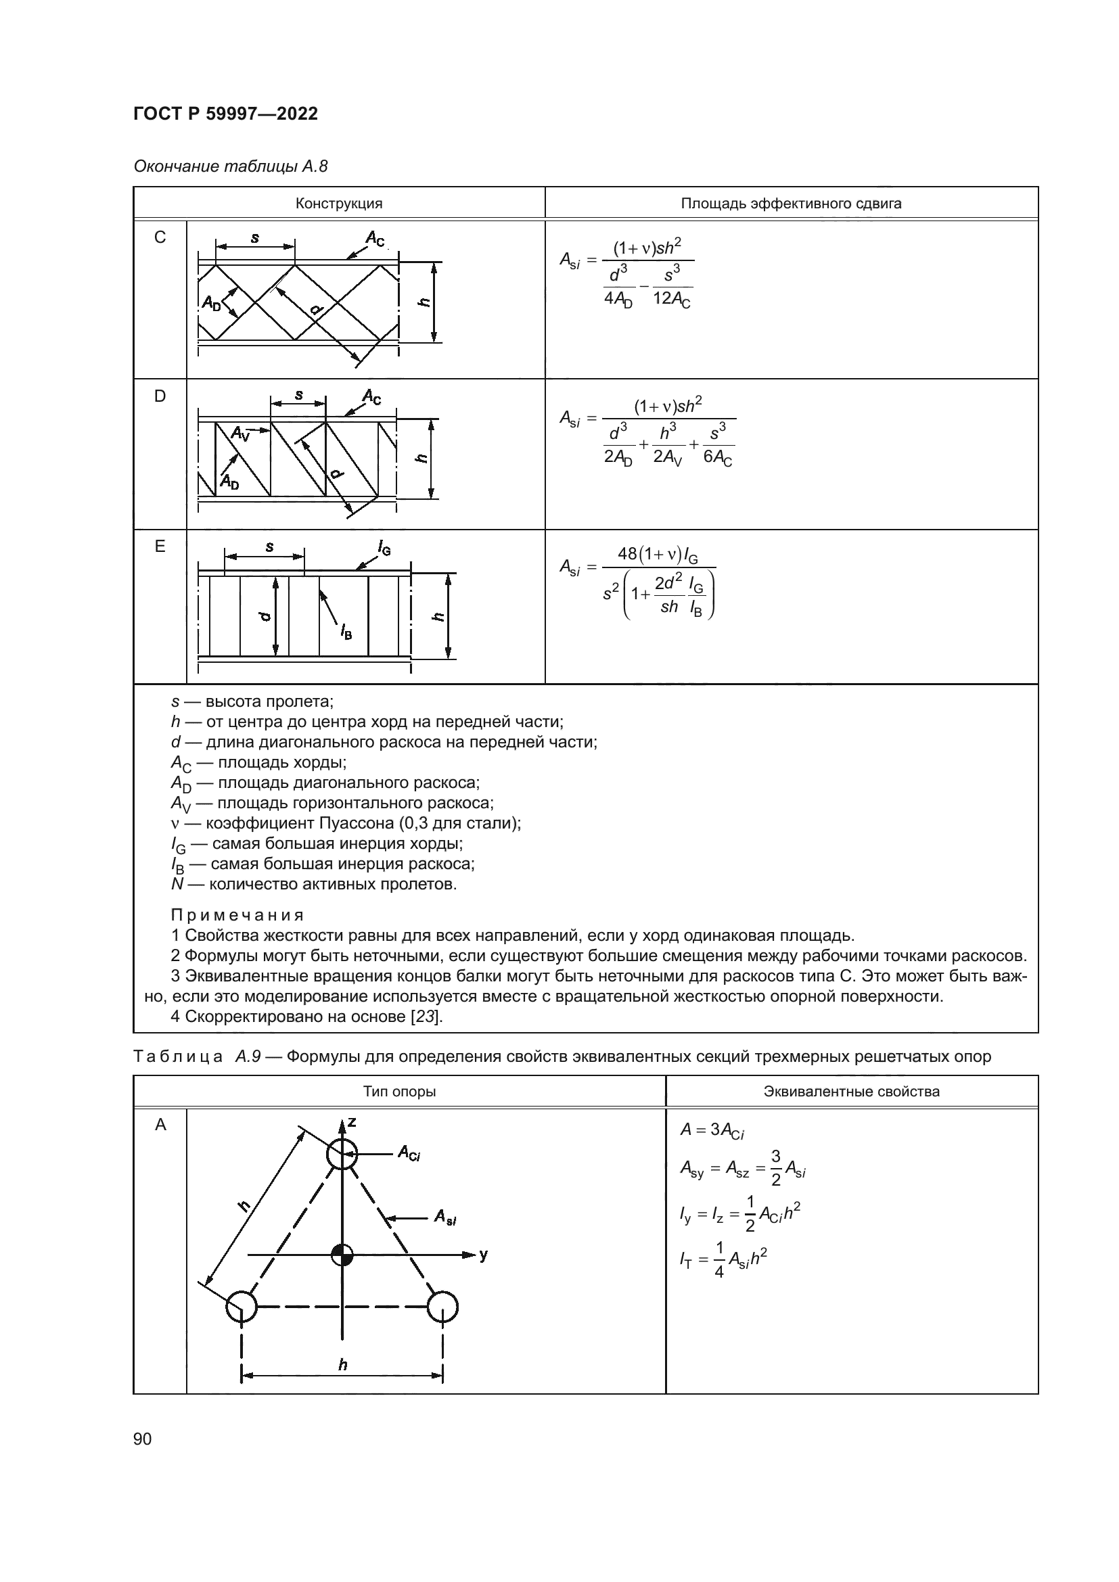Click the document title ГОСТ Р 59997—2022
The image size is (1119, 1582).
pos(225,114)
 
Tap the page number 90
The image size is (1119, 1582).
pos(143,1439)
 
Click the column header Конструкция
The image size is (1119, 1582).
pos(339,204)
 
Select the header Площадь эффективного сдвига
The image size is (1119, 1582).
pos(791,204)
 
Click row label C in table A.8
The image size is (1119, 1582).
pos(160,237)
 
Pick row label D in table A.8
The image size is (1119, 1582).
pos(160,396)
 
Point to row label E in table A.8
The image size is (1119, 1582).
pos(160,546)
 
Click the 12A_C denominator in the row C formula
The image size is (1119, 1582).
pos(672,300)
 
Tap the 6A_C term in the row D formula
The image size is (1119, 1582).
pos(717,457)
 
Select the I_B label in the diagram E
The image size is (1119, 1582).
pos(345,631)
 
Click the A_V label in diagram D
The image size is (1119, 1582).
pos(239,434)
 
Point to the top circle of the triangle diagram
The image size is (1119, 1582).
pos(342,1154)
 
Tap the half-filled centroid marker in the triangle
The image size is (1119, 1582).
pos(342,1255)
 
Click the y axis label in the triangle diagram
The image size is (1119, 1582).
pos(484,1255)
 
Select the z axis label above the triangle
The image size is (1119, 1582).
pos(352,1123)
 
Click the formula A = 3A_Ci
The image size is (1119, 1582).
pos(712,1130)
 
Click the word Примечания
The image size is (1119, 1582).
pos(237,915)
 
